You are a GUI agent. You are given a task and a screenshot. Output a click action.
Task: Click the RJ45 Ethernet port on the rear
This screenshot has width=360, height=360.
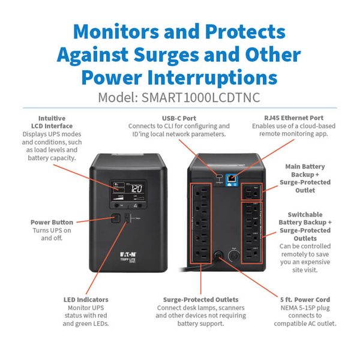click(230, 177)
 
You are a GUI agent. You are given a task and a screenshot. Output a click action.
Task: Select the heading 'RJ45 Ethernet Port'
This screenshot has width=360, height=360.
click(293, 118)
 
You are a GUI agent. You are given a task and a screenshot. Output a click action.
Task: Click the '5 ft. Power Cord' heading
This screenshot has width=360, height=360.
click(305, 299)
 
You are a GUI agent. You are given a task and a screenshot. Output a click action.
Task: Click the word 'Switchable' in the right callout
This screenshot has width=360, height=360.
click(305, 214)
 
